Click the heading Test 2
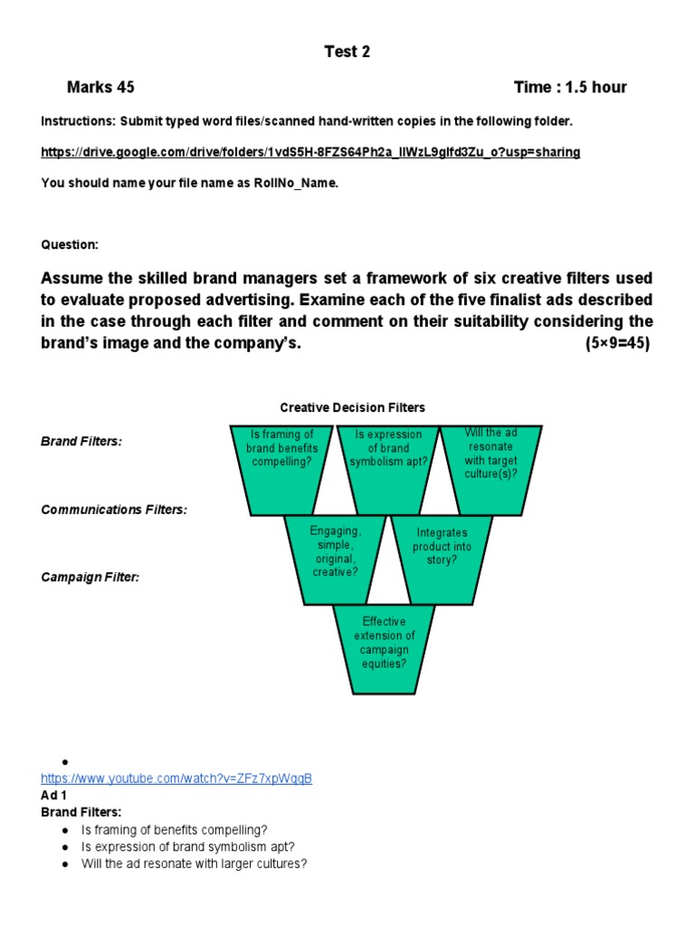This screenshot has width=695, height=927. point(347,52)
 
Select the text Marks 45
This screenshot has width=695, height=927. point(100,88)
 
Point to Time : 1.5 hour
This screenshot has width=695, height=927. point(569,88)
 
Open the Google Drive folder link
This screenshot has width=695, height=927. point(310,152)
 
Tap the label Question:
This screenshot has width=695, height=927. point(70,245)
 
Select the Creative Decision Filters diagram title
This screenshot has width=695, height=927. point(352,407)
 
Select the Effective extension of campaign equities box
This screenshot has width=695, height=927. point(384,644)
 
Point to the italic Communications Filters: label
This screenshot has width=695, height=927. point(114,510)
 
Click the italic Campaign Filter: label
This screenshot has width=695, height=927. point(90,577)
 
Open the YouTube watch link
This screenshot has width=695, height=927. point(176,779)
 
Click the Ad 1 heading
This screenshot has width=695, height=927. point(55,796)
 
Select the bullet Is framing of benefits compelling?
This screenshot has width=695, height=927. point(174,829)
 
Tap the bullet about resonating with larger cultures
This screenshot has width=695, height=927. point(194,864)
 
